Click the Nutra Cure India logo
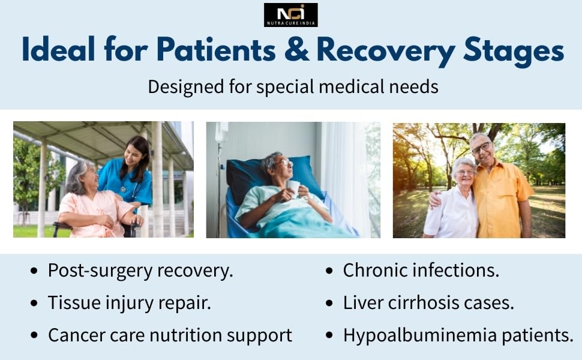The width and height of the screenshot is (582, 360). [290, 15]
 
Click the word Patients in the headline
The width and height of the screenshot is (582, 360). [216, 49]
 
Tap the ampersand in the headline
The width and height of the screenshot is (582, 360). [297, 49]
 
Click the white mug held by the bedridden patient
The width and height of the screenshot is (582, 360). [293, 188]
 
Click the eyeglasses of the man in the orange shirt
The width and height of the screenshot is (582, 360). [481, 148]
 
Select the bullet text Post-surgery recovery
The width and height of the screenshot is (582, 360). [140, 271]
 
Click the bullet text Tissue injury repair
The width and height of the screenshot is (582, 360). [130, 303]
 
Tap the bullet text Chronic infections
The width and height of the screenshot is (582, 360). [421, 270]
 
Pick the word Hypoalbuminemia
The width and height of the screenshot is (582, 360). [420, 335]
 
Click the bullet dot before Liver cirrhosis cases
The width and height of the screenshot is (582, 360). [329, 303]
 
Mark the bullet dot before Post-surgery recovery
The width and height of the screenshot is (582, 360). [34, 271]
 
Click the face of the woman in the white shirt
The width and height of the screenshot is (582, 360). [464, 172]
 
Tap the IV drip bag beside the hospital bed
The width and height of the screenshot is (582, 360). [221, 133]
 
